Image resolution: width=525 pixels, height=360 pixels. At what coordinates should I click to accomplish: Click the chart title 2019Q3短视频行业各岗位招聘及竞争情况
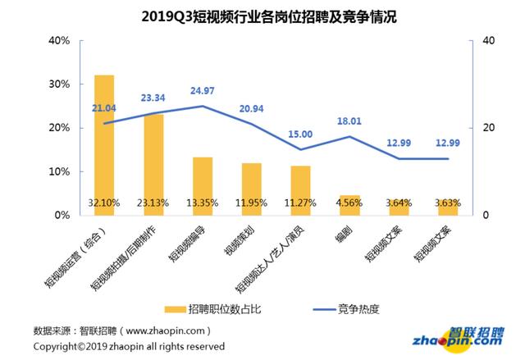pos(262,16)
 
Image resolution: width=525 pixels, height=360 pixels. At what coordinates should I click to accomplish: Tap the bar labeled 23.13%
pos(153,164)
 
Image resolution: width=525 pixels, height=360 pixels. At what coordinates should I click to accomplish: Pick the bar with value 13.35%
pos(203,185)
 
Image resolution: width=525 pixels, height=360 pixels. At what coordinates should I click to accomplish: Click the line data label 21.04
pos(107,107)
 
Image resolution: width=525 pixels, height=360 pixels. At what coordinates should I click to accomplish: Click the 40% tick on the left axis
pos(59,40)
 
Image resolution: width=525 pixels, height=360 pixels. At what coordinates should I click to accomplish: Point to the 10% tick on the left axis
pos(59,172)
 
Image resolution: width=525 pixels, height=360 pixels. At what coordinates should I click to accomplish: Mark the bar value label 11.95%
pos(252,203)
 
